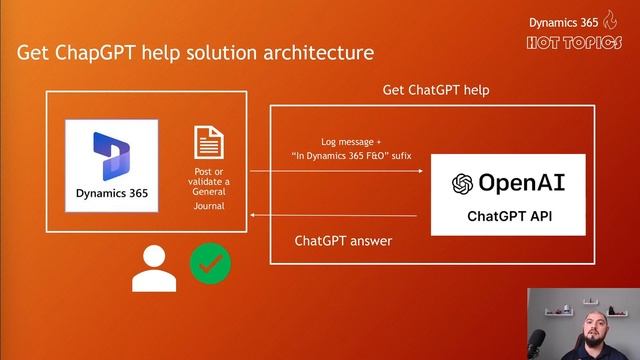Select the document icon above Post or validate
click(x=209, y=143)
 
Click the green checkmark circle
click(x=210, y=264)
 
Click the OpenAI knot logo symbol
click(x=462, y=184)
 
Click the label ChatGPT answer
click(x=343, y=241)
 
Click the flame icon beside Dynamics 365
click(x=610, y=19)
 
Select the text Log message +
click(x=350, y=142)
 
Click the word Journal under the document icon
click(x=209, y=206)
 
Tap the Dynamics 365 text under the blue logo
click(x=111, y=192)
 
